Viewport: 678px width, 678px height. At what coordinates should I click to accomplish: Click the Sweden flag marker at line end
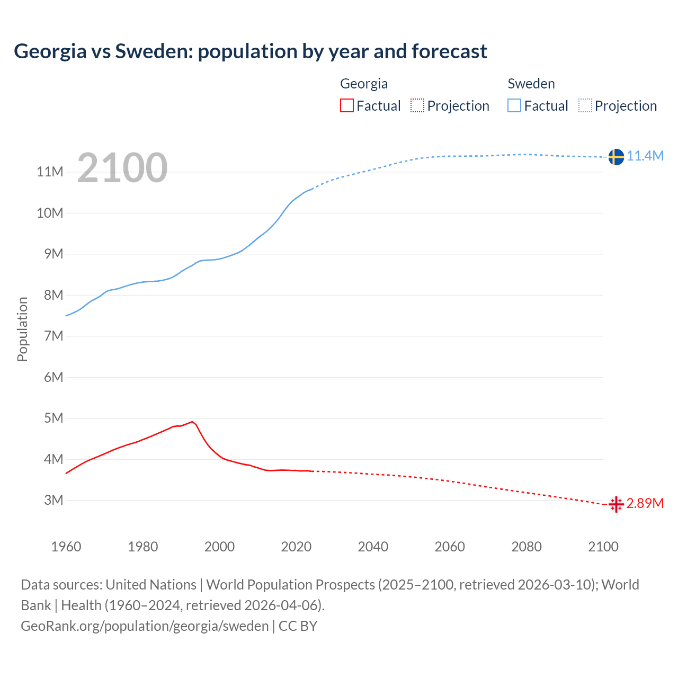coord(615,157)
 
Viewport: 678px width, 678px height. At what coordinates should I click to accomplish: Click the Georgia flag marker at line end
coord(615,504)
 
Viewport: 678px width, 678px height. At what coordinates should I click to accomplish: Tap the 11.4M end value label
coord(645,156)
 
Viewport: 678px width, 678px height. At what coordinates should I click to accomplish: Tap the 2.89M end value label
coord(645,503)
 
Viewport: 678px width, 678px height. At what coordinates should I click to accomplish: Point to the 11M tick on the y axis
coord(50,172)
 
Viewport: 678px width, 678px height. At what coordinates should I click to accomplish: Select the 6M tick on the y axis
coord(53,377)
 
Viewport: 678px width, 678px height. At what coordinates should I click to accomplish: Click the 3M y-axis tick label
coord(53,500)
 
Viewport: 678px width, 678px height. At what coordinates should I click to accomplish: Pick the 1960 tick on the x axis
coord(66,547)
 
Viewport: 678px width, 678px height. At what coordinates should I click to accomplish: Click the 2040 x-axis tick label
coord(373,547)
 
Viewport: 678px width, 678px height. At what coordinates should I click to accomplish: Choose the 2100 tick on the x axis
coord(603,547)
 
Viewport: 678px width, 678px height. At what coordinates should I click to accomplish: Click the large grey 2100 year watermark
coord(122,168)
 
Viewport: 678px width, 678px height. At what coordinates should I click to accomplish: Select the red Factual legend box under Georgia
coord(346,106)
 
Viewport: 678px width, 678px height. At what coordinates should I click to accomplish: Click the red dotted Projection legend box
coord(417,106)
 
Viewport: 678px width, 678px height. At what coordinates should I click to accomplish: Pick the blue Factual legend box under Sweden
coord(514,106)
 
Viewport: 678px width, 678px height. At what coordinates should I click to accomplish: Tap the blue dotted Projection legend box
coord(585,106)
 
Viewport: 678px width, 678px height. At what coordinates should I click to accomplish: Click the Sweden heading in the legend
coord(531,84)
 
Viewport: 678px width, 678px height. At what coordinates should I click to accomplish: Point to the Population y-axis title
coord(22,329)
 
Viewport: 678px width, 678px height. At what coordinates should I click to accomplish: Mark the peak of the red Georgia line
coord(192,422)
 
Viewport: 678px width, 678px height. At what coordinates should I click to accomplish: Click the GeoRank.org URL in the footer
coord(145,626)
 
